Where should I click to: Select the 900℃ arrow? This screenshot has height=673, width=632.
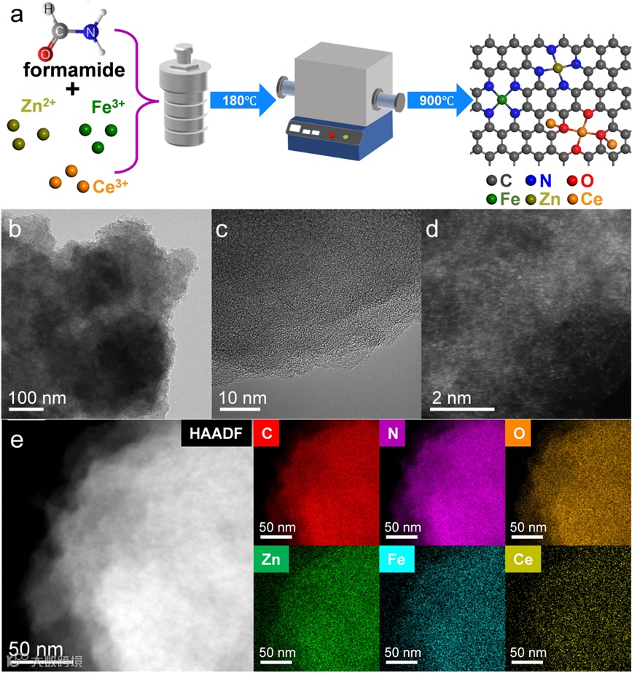pyautogui.click(x=436, y=99)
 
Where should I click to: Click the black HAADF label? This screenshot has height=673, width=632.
pyautogui.click(x=214, y=435)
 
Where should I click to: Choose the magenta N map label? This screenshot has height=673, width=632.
pyautogui.click(x=393, y=435)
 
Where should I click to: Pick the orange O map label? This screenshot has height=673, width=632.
pyautogui.click(x=518, y=435)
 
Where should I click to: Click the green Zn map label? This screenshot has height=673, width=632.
pyautogui.click(x=272, y=560)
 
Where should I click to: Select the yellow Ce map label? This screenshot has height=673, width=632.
pyautogui.click(x=523, y=560)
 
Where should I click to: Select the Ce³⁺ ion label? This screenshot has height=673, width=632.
pyautogui.click(x=111, y=186)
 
